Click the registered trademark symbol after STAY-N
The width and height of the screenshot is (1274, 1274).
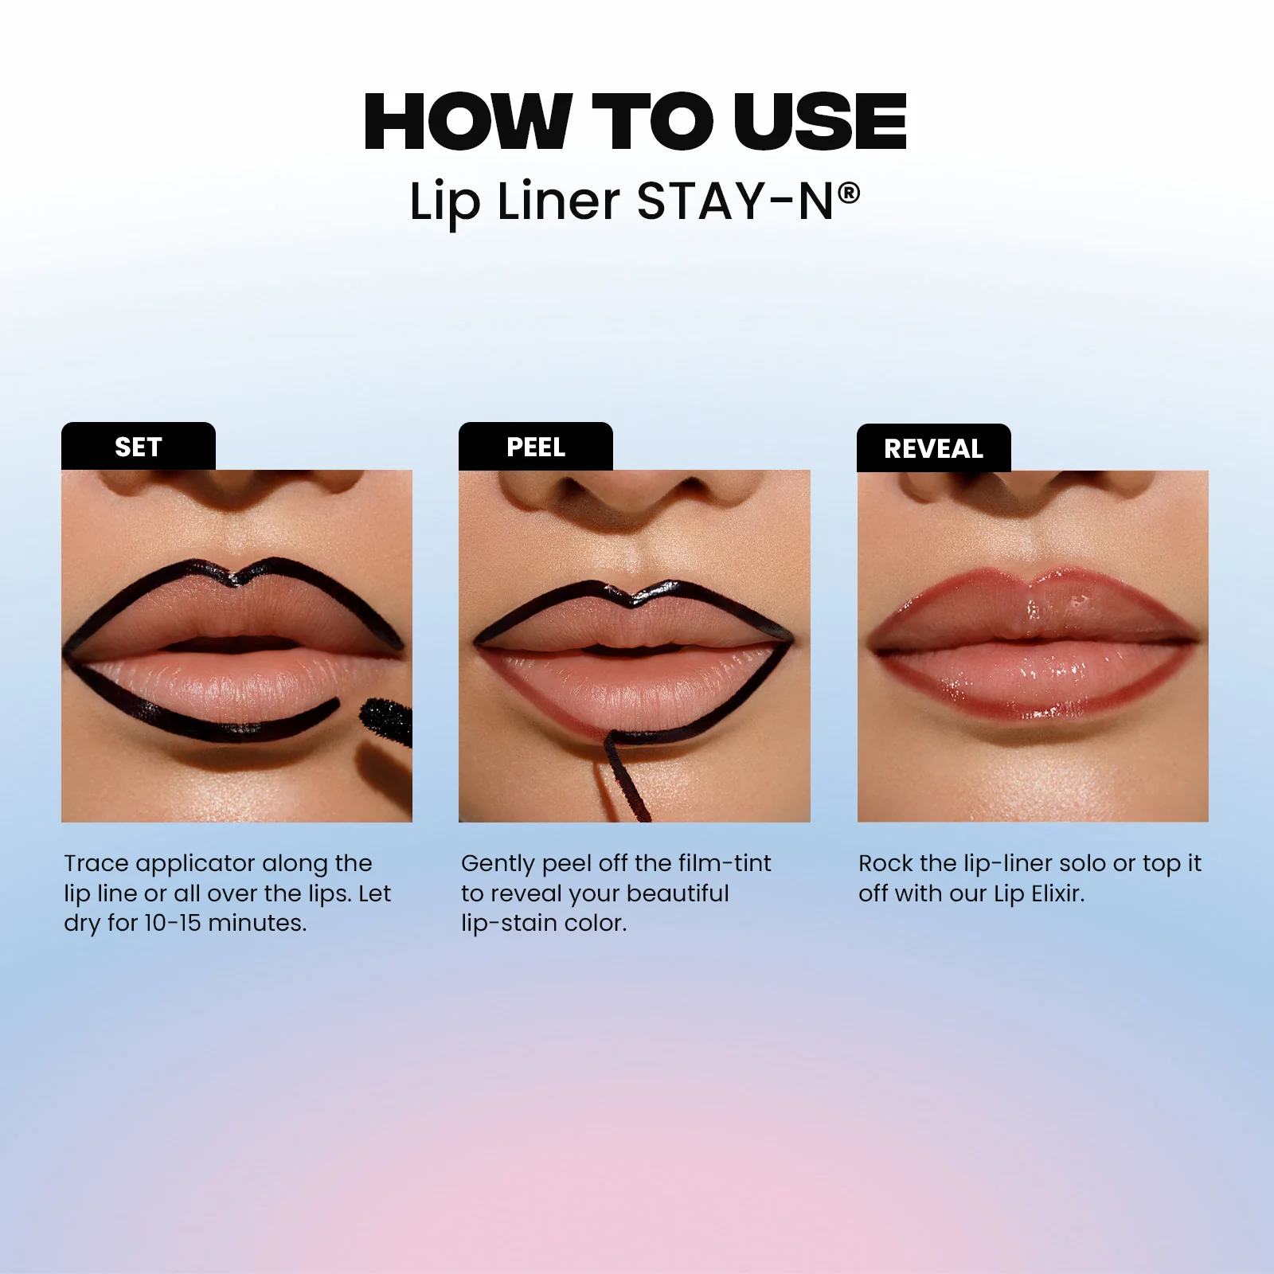(x=850, y=193)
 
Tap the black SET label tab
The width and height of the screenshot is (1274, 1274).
(x=138, y=447)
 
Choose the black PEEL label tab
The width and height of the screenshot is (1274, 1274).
(x=535, y=447)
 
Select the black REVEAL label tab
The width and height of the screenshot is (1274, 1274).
(x=933, y=448)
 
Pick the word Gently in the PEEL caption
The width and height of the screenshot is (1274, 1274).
(x=498, y=864)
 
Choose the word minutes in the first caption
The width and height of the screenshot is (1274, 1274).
(x=257, y=923)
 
